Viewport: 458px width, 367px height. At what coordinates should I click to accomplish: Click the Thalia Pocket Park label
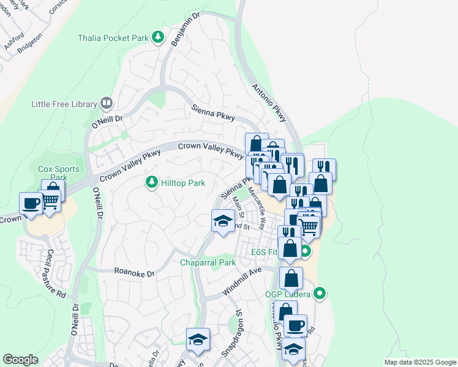[113, 38]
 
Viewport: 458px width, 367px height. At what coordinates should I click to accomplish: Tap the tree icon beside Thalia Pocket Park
[158, 37]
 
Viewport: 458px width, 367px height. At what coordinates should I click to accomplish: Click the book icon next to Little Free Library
[106, 103]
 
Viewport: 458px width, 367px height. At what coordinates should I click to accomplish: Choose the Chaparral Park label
[208, 262]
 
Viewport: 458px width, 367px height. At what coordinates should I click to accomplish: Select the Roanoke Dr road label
[135, 273]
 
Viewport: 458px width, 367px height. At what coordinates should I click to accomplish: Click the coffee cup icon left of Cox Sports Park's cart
[31, 204]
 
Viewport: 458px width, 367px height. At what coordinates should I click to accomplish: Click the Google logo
[20, 360]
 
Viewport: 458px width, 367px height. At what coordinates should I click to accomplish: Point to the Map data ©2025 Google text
[419, 362]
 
